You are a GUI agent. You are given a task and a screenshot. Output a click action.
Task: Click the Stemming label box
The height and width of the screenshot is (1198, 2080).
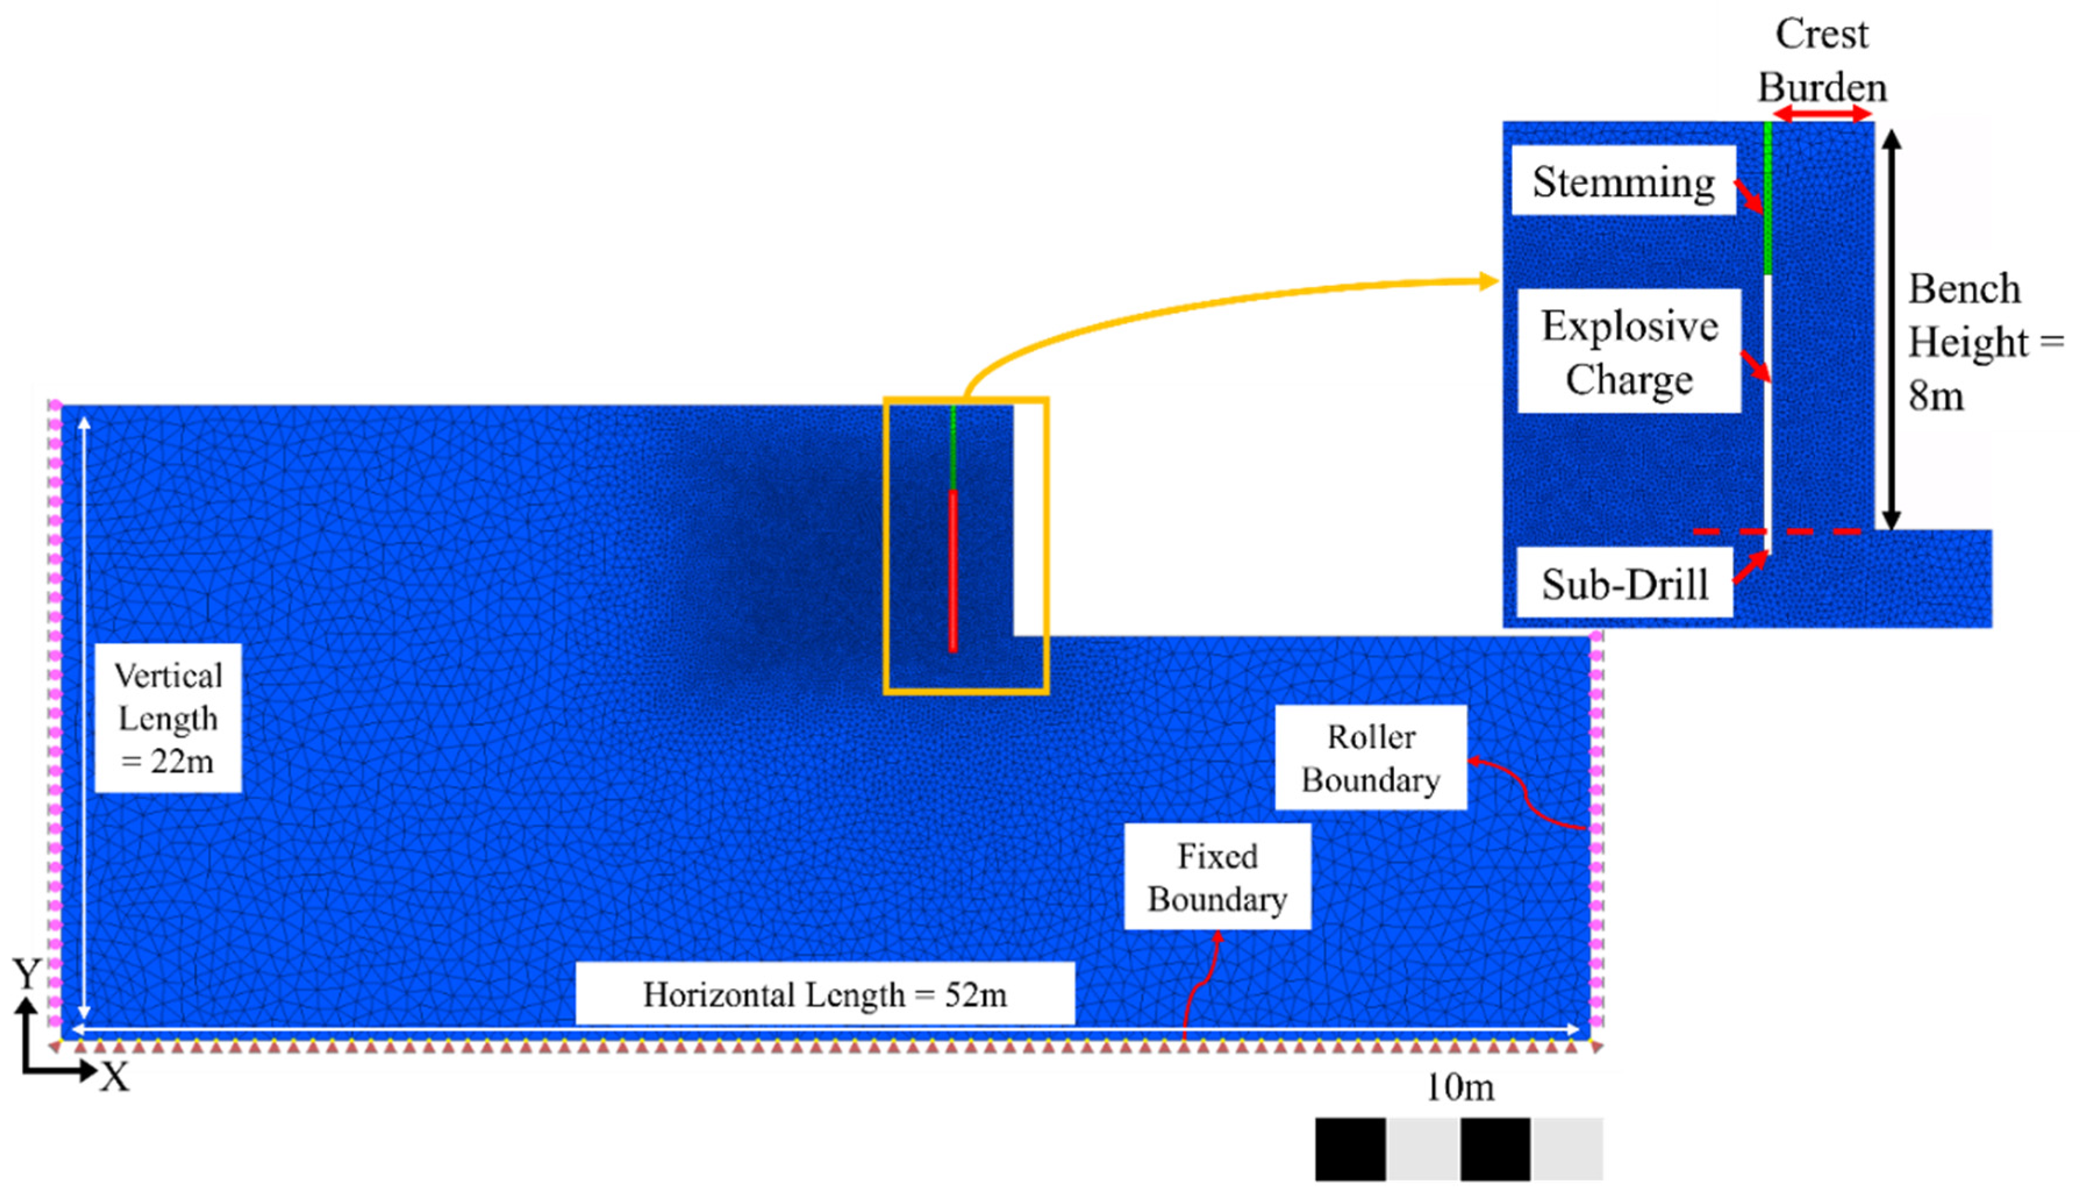tap(1623, 181)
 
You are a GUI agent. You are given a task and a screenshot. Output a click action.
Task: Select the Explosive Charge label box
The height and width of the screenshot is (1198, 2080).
tap(1629, 351)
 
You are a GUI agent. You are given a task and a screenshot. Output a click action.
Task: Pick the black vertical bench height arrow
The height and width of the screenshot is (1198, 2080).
tap(1892, 329)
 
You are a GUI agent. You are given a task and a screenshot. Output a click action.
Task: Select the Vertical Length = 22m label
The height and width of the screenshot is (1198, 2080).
tap(168, 718)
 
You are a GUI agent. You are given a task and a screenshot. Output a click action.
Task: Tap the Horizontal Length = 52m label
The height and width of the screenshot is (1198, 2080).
tap(825, 994)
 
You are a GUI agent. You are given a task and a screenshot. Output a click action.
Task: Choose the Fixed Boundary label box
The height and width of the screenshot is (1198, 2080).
tap(1217, 877)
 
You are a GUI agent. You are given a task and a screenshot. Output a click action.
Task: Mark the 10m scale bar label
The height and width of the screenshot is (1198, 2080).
tap(1459, 1088)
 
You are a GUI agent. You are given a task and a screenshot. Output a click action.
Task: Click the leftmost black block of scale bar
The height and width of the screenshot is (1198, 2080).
tap(1350, 1149)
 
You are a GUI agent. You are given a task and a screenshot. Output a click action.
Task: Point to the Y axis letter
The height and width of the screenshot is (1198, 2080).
tap(27, 975)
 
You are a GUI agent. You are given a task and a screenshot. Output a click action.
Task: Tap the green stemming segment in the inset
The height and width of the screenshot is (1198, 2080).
tap(1767, 198)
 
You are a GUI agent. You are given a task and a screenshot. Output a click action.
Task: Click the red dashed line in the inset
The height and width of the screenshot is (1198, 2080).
tap(1777, 532)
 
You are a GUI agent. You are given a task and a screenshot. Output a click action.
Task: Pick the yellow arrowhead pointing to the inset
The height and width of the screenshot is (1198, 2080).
tap(1488, 281)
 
